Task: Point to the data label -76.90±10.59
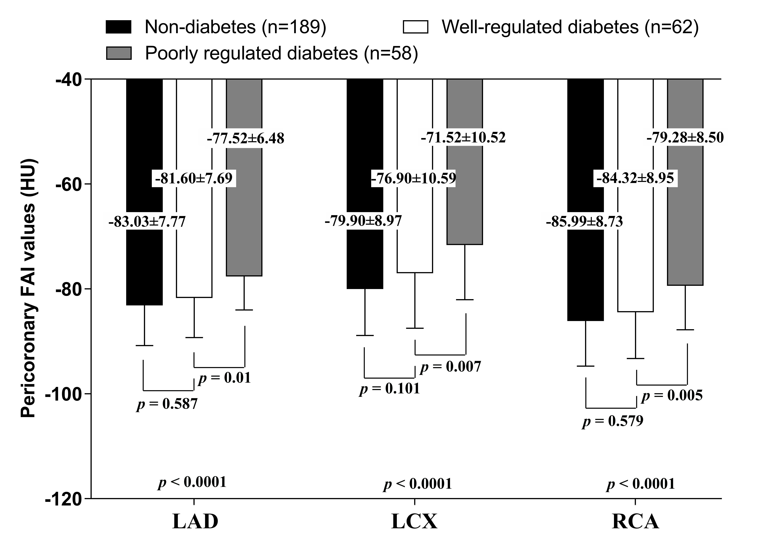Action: pyautogui.click(x=414, y=178)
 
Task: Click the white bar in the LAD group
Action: pyautogui.click(x=194, y=236)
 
